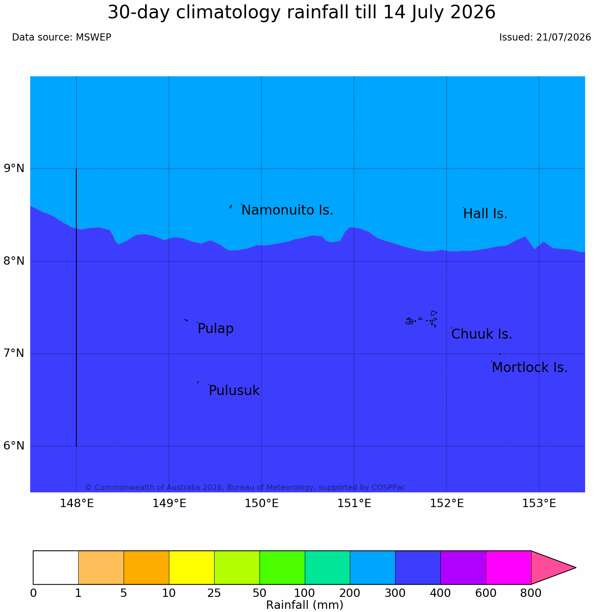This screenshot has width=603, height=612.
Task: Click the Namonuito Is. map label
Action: tap(287, 210)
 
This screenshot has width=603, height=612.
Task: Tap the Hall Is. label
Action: tap(485, 214)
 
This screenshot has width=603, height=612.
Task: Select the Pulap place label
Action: tap(215, 329)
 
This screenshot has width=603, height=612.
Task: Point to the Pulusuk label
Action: tap(234, 391)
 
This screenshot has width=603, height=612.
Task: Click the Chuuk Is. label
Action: tap(482, 334)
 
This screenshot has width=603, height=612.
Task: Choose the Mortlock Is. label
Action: tap(529, 368)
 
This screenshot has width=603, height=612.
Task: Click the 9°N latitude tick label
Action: tap(14, 168)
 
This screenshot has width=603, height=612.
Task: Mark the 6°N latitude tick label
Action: tap(14, 446)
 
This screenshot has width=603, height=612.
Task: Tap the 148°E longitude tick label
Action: tap(77, 504)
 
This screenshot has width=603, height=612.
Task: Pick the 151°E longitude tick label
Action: tap(354, 504)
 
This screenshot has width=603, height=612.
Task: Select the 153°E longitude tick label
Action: tap(539, 504)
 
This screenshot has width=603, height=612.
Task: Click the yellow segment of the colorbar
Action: tap(192, 567)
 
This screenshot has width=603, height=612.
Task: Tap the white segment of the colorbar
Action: tap(56, 567)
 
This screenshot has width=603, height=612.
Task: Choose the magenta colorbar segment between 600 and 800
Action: tap(508, 567)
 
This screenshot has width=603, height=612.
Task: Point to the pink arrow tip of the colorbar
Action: tap(576, 567)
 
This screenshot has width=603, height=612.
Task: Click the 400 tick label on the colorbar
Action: tap(440, 593)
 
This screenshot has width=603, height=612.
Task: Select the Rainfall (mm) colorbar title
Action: tap(304, 605)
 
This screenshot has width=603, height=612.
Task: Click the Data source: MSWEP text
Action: tap(62, 37)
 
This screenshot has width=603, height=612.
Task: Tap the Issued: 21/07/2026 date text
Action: tap(545, 37)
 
